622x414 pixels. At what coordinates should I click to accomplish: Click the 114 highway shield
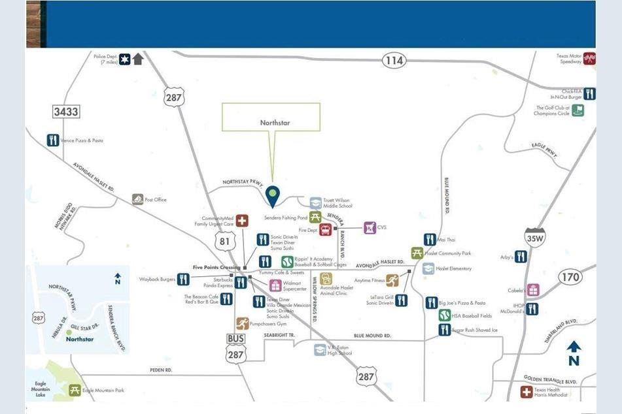[394, 61]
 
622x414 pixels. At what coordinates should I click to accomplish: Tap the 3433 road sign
[65, 112]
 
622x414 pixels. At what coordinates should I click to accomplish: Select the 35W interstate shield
[535, 238]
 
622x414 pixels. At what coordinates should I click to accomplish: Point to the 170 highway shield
[570, 277]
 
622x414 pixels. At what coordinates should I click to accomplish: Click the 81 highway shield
[225, 242]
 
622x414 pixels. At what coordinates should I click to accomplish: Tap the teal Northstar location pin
[273, 195]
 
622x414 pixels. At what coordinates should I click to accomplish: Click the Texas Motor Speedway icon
[589, 58]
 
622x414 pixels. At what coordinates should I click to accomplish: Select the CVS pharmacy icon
[370, 228]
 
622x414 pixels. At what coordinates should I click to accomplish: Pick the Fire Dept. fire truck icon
[325, 229]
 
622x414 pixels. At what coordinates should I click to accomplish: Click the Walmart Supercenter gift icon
[275, 285]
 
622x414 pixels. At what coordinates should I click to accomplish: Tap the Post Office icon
[137, 199]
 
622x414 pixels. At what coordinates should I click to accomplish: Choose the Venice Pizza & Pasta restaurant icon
[53, 140]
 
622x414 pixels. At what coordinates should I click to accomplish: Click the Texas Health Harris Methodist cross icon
[526, 392]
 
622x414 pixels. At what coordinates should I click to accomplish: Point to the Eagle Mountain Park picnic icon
[75, 390]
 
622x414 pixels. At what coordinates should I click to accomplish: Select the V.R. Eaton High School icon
[320, 350]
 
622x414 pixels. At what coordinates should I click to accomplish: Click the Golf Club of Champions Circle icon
[578, 110]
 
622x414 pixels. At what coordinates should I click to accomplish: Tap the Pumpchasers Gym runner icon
[242, 323]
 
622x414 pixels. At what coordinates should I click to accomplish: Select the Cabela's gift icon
[533, 289]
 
